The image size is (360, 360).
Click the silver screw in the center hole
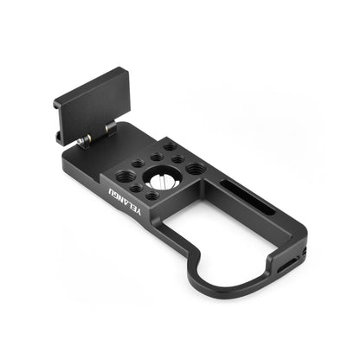click(x=163, y=181)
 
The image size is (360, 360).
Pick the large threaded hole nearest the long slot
click(x=196, y=169)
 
